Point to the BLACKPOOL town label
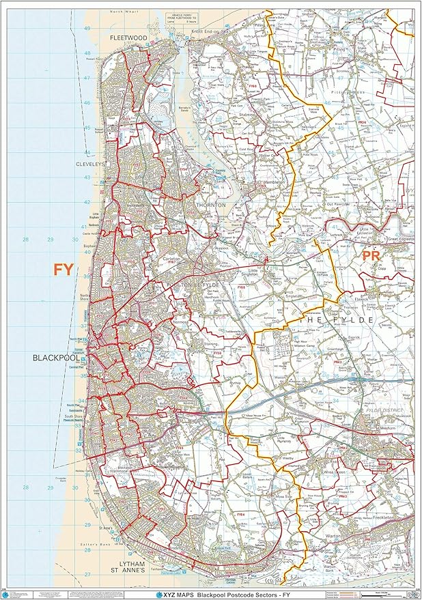tap(56, 358)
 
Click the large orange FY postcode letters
tap(63, 270)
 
